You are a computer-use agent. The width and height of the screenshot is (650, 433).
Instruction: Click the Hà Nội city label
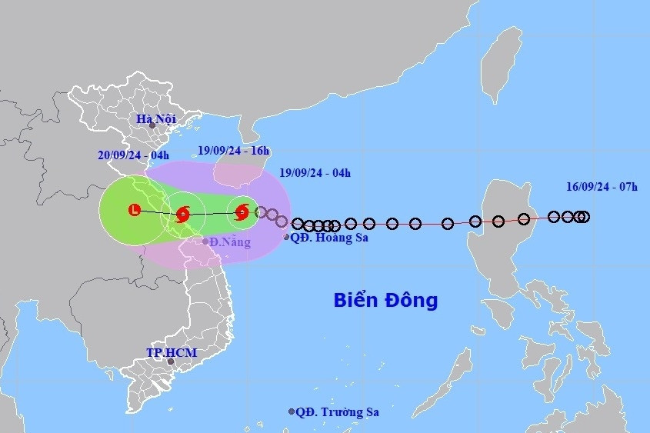click(x=156, y=119)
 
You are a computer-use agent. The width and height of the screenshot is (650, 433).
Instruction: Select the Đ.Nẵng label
click(x=231, y=242)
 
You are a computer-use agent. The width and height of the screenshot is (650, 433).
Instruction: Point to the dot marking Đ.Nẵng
click(x=205, y=241)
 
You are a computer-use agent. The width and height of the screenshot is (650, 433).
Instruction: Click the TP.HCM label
click(x=172, y=353)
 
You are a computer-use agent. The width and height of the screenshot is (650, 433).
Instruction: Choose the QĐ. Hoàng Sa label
click(x=329, y=238)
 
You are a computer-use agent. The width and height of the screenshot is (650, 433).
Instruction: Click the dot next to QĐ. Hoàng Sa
click(x=286, y=237)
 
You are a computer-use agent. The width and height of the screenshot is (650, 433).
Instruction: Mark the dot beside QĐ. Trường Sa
click(x=292, y=411)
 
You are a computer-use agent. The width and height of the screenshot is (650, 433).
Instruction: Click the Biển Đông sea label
click(x=385, y=300)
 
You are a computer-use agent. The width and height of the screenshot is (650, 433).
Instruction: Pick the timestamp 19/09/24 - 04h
click(x=315, y=174)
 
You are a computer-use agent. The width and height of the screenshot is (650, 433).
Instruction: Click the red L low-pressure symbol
click(x=135, y=209)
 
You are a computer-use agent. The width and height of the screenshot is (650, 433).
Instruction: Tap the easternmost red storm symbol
click(x=242, y=212)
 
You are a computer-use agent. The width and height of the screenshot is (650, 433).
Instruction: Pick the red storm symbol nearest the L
click(x=182, y=214)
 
